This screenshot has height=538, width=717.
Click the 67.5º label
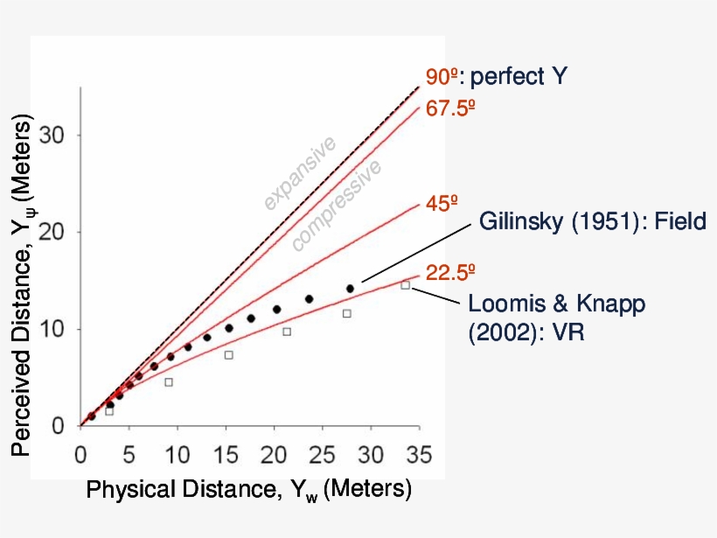pyautogui.click(x=451, y=109)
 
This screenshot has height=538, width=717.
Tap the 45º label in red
pyautogui.click(x=442, y=204)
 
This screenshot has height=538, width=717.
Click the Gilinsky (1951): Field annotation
pyautogui.click(x=592, y=222)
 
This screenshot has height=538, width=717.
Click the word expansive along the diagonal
pyautogui.click(x=300, y=173)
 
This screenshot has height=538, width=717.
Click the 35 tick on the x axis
pyautogui.click(x=420, y=455)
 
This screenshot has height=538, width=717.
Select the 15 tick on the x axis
pyautogui.click(x=226, y=455)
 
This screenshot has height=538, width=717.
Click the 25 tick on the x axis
pyautogui.click(x=323, y=455)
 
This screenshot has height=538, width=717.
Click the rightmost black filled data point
pyautogui.click(x=350, y=289)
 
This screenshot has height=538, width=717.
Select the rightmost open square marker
pyautogui.click(x=405, y=285)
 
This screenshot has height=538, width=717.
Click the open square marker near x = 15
pyautogui.click(x=228, y=355)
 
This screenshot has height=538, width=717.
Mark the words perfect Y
pyautogui.click(x=519, y=77)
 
